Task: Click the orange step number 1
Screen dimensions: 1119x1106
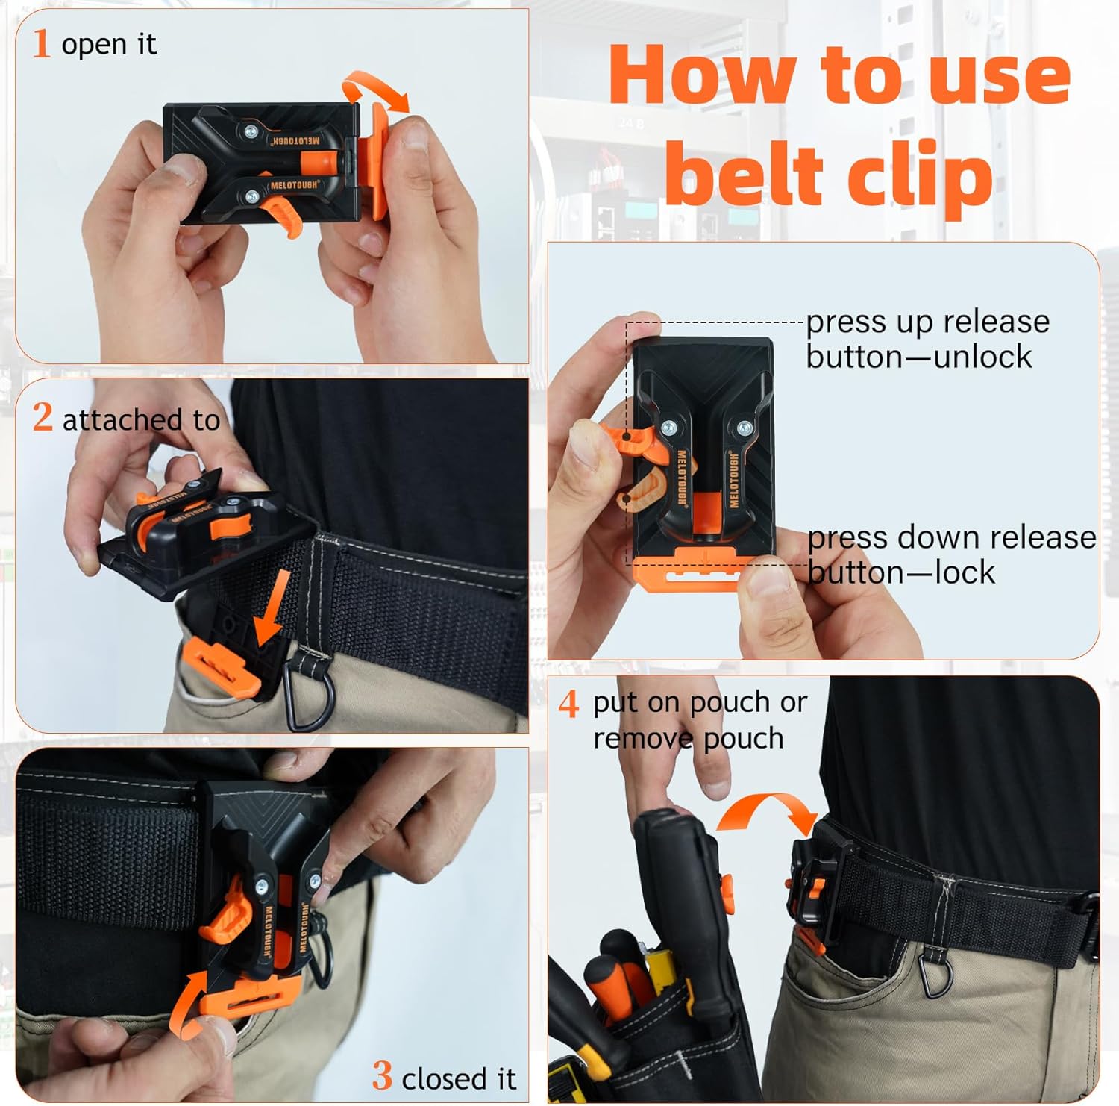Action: [x=41, y=43]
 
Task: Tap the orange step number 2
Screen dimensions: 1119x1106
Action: [x=43, y=417]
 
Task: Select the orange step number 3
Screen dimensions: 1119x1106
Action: [x=382, y=1076]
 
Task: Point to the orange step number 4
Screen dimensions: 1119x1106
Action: [x=568, y=703]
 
